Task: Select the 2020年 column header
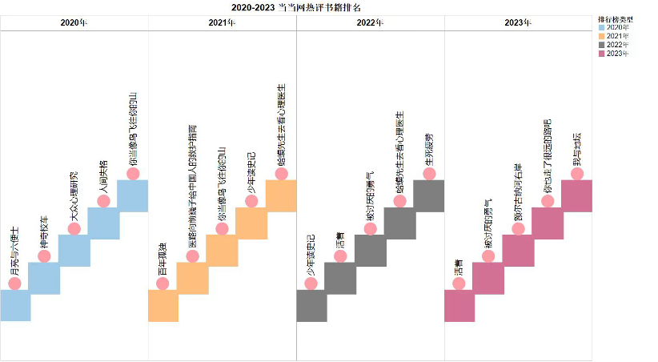[x=74, y=22]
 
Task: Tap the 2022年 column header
[x=370, y=22]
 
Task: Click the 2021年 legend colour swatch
[x=603, y=36]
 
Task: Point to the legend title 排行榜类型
[x=616, y=18]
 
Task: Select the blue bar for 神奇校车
[x=44, y=278]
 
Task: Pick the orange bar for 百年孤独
[x=162, y=305]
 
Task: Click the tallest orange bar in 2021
[x=281, y=195]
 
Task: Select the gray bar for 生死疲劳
[x=429, y=195]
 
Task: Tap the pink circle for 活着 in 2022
[x=340, y=256]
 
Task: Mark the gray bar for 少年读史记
[x=311, y=305]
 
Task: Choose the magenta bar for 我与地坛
[x=577, y=195]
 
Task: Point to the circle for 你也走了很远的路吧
[x=548, y=201]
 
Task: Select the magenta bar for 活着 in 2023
[x=459, y=305]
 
